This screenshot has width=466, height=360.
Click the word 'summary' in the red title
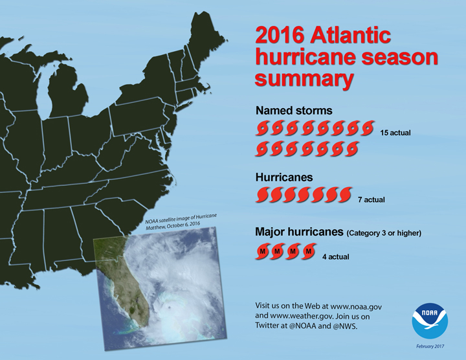[304, 78]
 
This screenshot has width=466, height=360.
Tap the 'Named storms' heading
[294, 111]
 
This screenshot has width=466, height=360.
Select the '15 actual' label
[395, 133]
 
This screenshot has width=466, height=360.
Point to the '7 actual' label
[372, 199]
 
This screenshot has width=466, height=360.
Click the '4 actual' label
[335, 256]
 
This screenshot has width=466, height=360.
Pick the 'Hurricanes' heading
[284, 177]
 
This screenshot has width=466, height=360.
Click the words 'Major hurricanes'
[300, 232]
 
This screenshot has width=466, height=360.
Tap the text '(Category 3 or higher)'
[384, 232]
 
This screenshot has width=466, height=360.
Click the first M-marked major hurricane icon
[263, 252]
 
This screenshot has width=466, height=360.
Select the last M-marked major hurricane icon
[309, 252]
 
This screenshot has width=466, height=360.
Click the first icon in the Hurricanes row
[263, 194]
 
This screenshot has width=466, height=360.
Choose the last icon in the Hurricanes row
[345, 194]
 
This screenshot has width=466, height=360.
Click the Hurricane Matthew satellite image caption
[181, 223]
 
